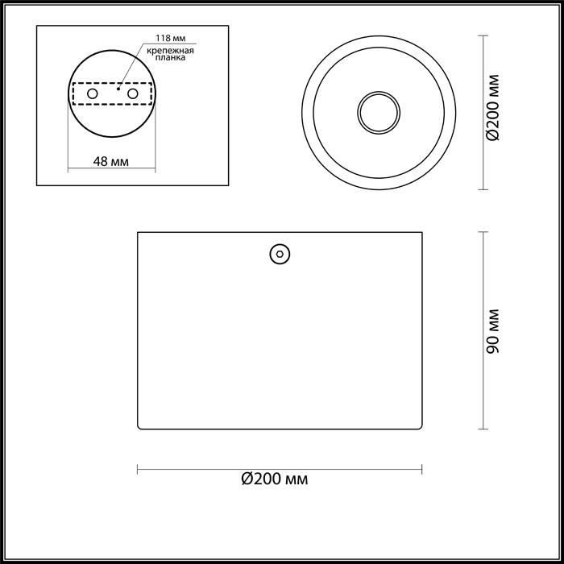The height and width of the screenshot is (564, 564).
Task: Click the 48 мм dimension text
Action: click(x=111, y=160)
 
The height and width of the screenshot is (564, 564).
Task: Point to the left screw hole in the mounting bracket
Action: click(x=93, y=94)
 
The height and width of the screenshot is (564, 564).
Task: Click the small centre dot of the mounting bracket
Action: click(x=118, y=91)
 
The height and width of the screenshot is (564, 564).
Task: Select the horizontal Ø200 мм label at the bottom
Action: click(x=275, y=479)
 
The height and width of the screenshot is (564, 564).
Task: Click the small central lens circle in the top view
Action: click(x=377, y=111)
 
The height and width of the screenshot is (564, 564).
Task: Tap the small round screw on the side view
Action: click(x=280, y=253)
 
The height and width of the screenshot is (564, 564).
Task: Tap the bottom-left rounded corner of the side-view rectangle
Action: click(x=141, y=428)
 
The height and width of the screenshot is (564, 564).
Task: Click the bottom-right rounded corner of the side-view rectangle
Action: click(x=419, y=428)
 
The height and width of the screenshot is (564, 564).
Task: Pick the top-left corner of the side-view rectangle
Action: click(x=138, y=233)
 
